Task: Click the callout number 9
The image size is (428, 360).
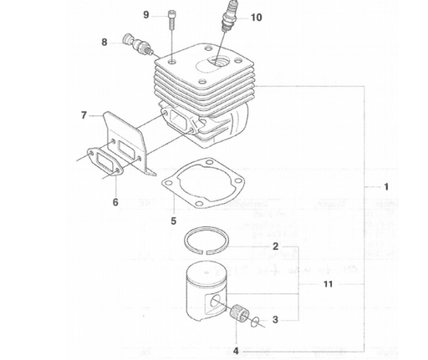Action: [x=146, y=15]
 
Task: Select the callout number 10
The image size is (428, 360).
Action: [x=232, y=17]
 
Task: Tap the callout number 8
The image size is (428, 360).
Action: [x=105, y=41]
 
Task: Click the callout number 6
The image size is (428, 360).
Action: [x=115, y=202]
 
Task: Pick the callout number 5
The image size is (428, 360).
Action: [x=173, y=221]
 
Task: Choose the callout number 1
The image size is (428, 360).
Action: [x=385, y=185]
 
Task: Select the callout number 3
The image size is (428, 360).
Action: [x=276, y=319]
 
